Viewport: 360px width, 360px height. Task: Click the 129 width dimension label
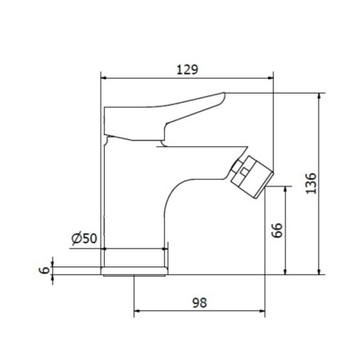(187, 70)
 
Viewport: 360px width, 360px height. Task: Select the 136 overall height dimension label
(311, 183)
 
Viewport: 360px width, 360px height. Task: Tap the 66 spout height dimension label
(277, 230)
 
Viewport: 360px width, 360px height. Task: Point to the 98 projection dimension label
(199, 302)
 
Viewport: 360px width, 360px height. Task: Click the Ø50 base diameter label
(84, 238)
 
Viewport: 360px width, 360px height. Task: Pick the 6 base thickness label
(45, 270)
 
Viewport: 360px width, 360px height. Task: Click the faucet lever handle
(165, 117)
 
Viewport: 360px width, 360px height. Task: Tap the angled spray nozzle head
(252, 177)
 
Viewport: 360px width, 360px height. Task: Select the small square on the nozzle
(244, 172)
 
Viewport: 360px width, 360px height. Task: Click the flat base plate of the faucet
(134, 271)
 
